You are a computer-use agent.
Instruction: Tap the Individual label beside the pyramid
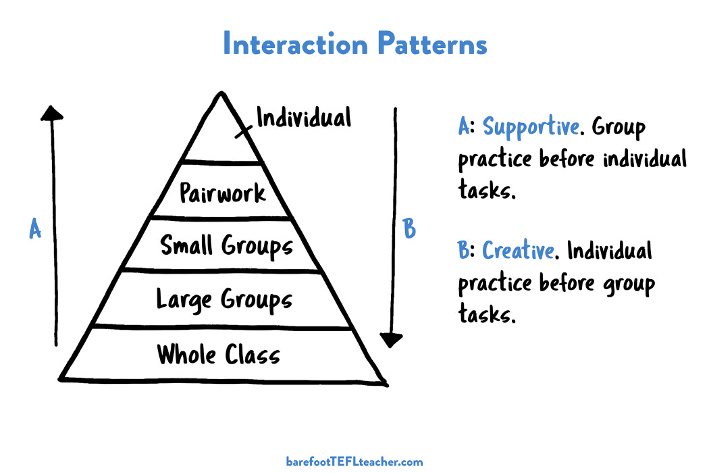[x=304, y=118]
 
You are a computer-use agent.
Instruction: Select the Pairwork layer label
[x=223, y=193]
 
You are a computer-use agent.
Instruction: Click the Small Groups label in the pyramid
[x=227, y=245]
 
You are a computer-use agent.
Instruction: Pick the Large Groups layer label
[x=224, y=299]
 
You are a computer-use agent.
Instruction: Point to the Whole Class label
[x=218, y=353]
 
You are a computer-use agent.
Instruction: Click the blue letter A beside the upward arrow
[x=35, y=230]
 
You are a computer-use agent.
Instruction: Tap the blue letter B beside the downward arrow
[x=409, y=230]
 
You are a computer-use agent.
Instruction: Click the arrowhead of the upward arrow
[x=52, y=113]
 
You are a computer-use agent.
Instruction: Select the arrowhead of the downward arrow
[x=391, y=339]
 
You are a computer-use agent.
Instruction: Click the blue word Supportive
[x=531, y=126]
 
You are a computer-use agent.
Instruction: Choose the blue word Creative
[x=519, y=251]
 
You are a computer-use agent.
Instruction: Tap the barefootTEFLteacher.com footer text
[x=354, y=462]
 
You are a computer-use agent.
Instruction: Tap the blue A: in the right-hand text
[x=467, y=126]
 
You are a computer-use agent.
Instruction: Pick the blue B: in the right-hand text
[x=467, y=251]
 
